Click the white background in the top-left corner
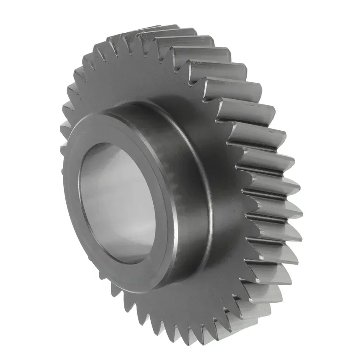point(17,17)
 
